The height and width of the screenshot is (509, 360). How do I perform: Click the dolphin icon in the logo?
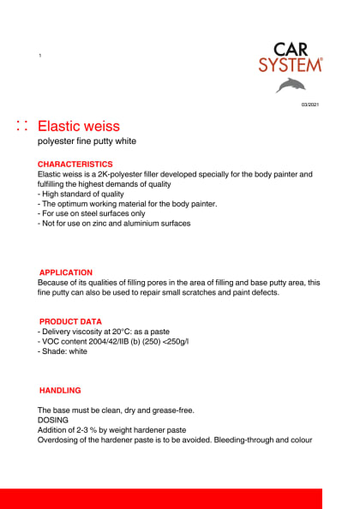click(290, 85)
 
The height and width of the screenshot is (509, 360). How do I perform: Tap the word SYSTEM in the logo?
click(291, 64)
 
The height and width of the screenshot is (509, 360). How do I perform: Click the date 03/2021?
click(310, 105)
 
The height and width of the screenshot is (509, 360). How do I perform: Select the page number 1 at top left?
click(40, 56)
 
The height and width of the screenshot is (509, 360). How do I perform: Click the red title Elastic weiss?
click(84, 126)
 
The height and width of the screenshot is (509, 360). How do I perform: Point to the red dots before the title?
click(22, 126)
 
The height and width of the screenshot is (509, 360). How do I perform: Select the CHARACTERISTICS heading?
click(75, 164)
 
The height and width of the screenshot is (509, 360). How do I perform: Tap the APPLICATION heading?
click(66, 272)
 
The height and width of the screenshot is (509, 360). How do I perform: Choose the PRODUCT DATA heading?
click(70, 321)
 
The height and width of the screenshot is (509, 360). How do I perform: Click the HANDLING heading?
click(60, 390)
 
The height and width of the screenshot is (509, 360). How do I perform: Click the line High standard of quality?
click(84, 194)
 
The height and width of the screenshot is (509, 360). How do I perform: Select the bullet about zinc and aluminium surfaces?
click(114, 224)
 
